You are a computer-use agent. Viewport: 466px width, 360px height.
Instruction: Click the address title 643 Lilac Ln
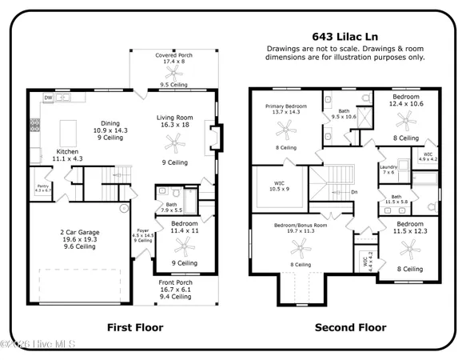click(x=345, y=37)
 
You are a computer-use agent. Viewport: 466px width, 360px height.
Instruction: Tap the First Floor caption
click(x=135, y=327)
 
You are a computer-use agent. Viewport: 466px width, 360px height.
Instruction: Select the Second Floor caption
click(x=350, y=327)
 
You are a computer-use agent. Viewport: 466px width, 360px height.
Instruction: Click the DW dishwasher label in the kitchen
click(x=48, y=98)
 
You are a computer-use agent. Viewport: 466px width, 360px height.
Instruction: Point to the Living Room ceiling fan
click(x=173, y=142)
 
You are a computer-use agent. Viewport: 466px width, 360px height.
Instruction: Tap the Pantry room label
click(x=42, y=187)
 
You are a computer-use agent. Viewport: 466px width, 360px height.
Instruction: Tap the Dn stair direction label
click(x=354, y=192)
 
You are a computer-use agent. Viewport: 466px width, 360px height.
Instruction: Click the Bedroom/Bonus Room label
click(x=297, y=228)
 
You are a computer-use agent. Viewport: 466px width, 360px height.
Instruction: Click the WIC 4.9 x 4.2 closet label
click(x=428, y=157)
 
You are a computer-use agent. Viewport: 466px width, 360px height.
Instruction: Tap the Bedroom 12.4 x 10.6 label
click(x=408, y=100)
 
